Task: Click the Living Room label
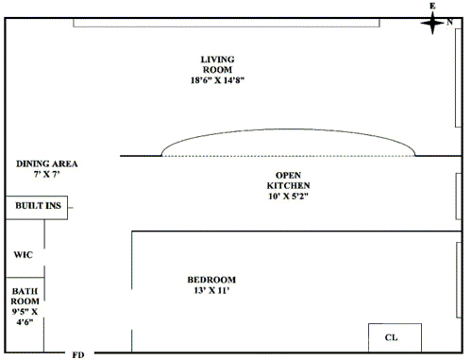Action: pos(217,64)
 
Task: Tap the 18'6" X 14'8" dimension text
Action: pos(217,80)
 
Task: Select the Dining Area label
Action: pos(47,163)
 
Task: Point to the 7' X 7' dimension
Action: pos(47,174)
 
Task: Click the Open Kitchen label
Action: pos(288,180)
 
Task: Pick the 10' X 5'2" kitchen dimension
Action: pos(288,197)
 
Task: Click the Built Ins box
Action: pos(37,208)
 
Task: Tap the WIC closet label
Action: pos(24,254)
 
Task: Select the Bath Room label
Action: pos(25,296)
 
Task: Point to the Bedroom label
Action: pos(211,280)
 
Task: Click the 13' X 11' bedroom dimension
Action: pos(211,290)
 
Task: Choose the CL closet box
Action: pos(395,337)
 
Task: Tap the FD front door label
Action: pos(78,355)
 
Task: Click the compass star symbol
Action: pos(432,23)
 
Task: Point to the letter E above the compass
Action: pos(432,6)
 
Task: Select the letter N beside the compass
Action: pos(449,22)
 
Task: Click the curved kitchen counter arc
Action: pos(288,129)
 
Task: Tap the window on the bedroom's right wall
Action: pos(459,280)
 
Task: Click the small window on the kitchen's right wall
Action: pos(459,196)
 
